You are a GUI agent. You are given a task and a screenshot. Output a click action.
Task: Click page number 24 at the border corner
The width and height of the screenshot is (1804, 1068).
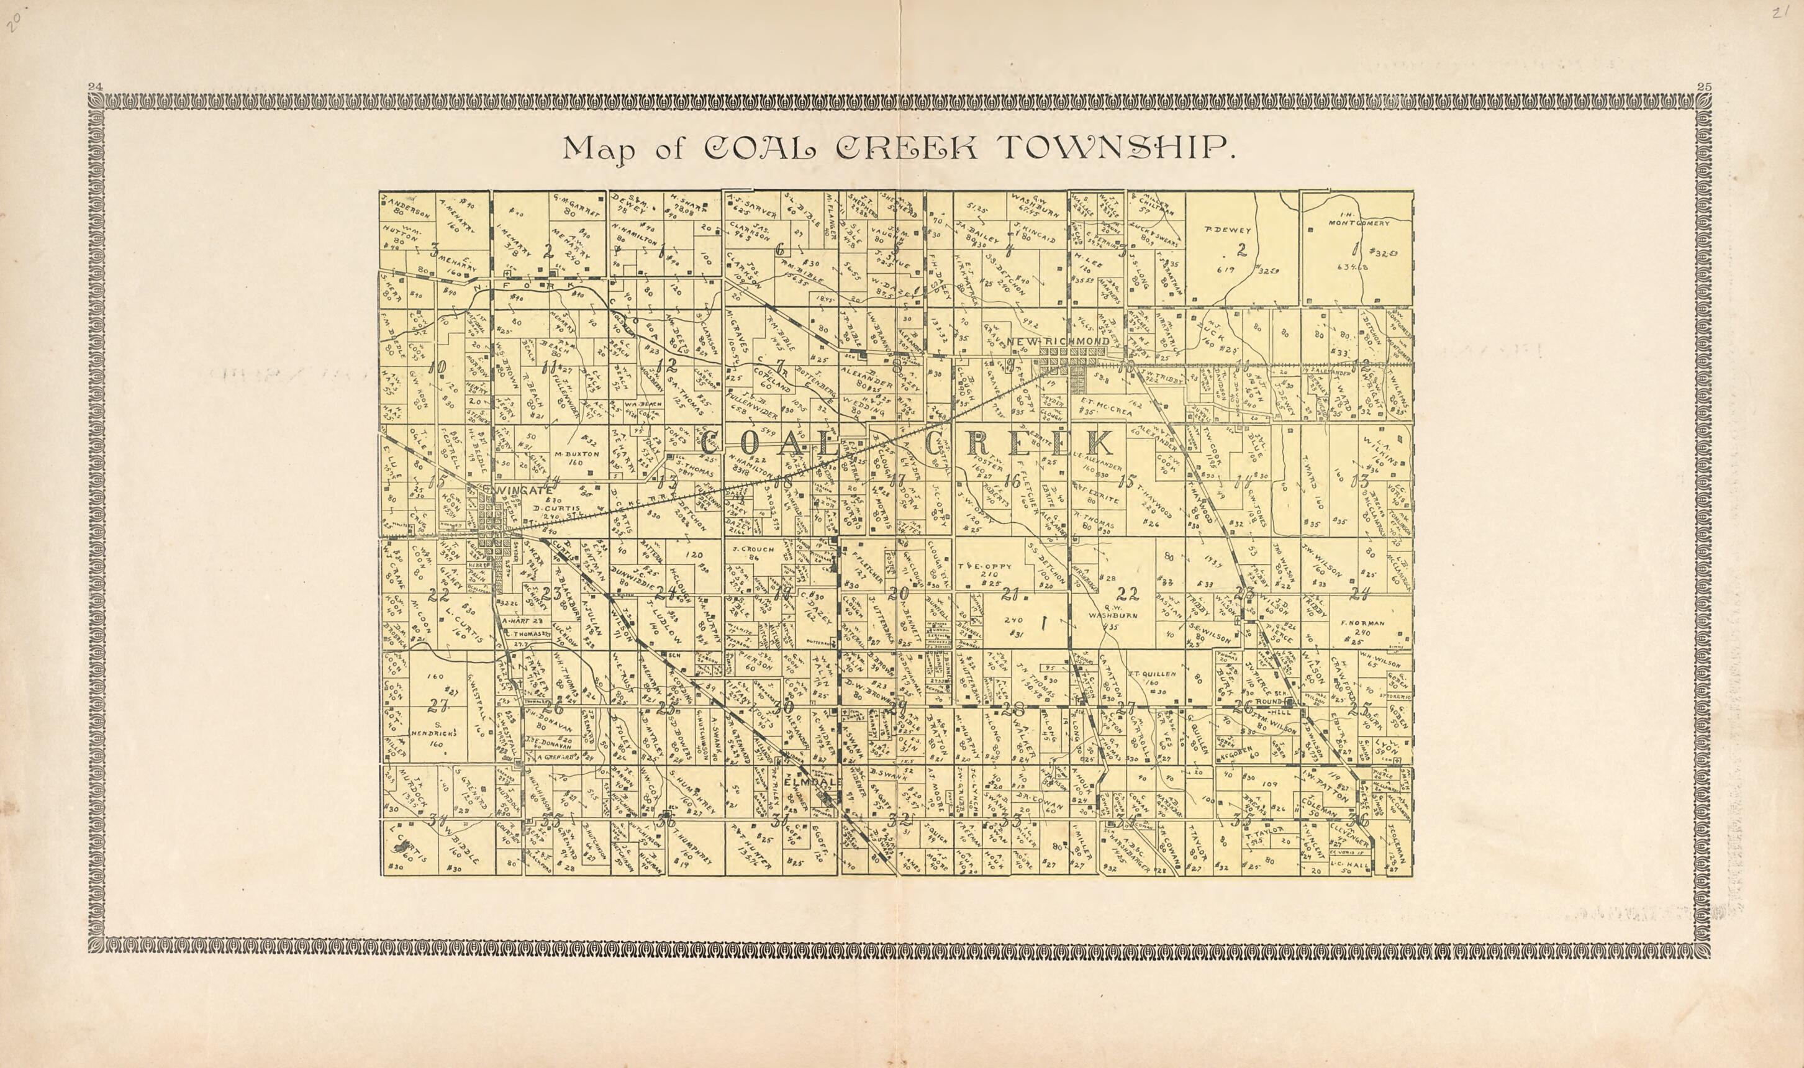point(94,87)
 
